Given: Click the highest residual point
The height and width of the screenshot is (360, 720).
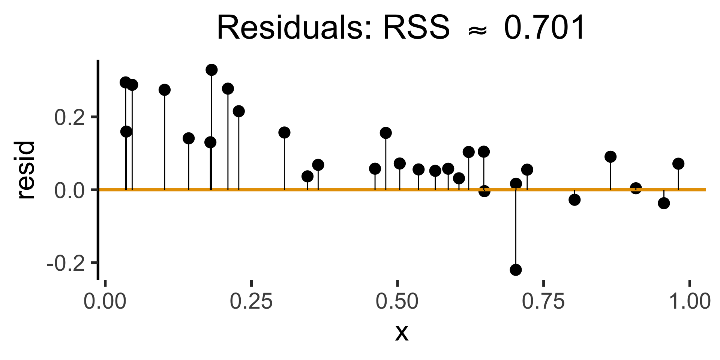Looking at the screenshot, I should point(211,70).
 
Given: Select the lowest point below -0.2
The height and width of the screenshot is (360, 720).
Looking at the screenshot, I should point(516,270).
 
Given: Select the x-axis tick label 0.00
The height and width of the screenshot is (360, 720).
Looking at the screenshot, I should point(105,302).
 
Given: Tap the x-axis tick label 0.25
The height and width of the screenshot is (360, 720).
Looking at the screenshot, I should point(251,302).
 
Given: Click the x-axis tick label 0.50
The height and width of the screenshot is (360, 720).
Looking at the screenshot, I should point(397,302).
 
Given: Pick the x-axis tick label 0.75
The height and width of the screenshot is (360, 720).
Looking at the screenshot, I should point(543,302).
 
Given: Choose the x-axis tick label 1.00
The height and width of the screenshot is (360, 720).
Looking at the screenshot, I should point(689,302).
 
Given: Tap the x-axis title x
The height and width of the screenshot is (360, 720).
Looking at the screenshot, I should point(401,332).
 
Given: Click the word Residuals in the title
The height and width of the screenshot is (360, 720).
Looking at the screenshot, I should point(294,28).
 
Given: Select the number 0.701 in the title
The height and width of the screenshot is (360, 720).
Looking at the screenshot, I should point(544,28).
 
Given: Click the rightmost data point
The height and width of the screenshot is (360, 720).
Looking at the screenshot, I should point(678,163).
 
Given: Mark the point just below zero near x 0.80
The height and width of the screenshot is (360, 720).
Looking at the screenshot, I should point(574,200).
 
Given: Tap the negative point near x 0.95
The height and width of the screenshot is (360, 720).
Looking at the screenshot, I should point(664,203).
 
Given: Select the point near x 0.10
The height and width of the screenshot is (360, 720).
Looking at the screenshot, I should point(164,90).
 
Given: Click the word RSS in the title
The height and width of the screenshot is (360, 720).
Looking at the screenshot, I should point(415,28).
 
